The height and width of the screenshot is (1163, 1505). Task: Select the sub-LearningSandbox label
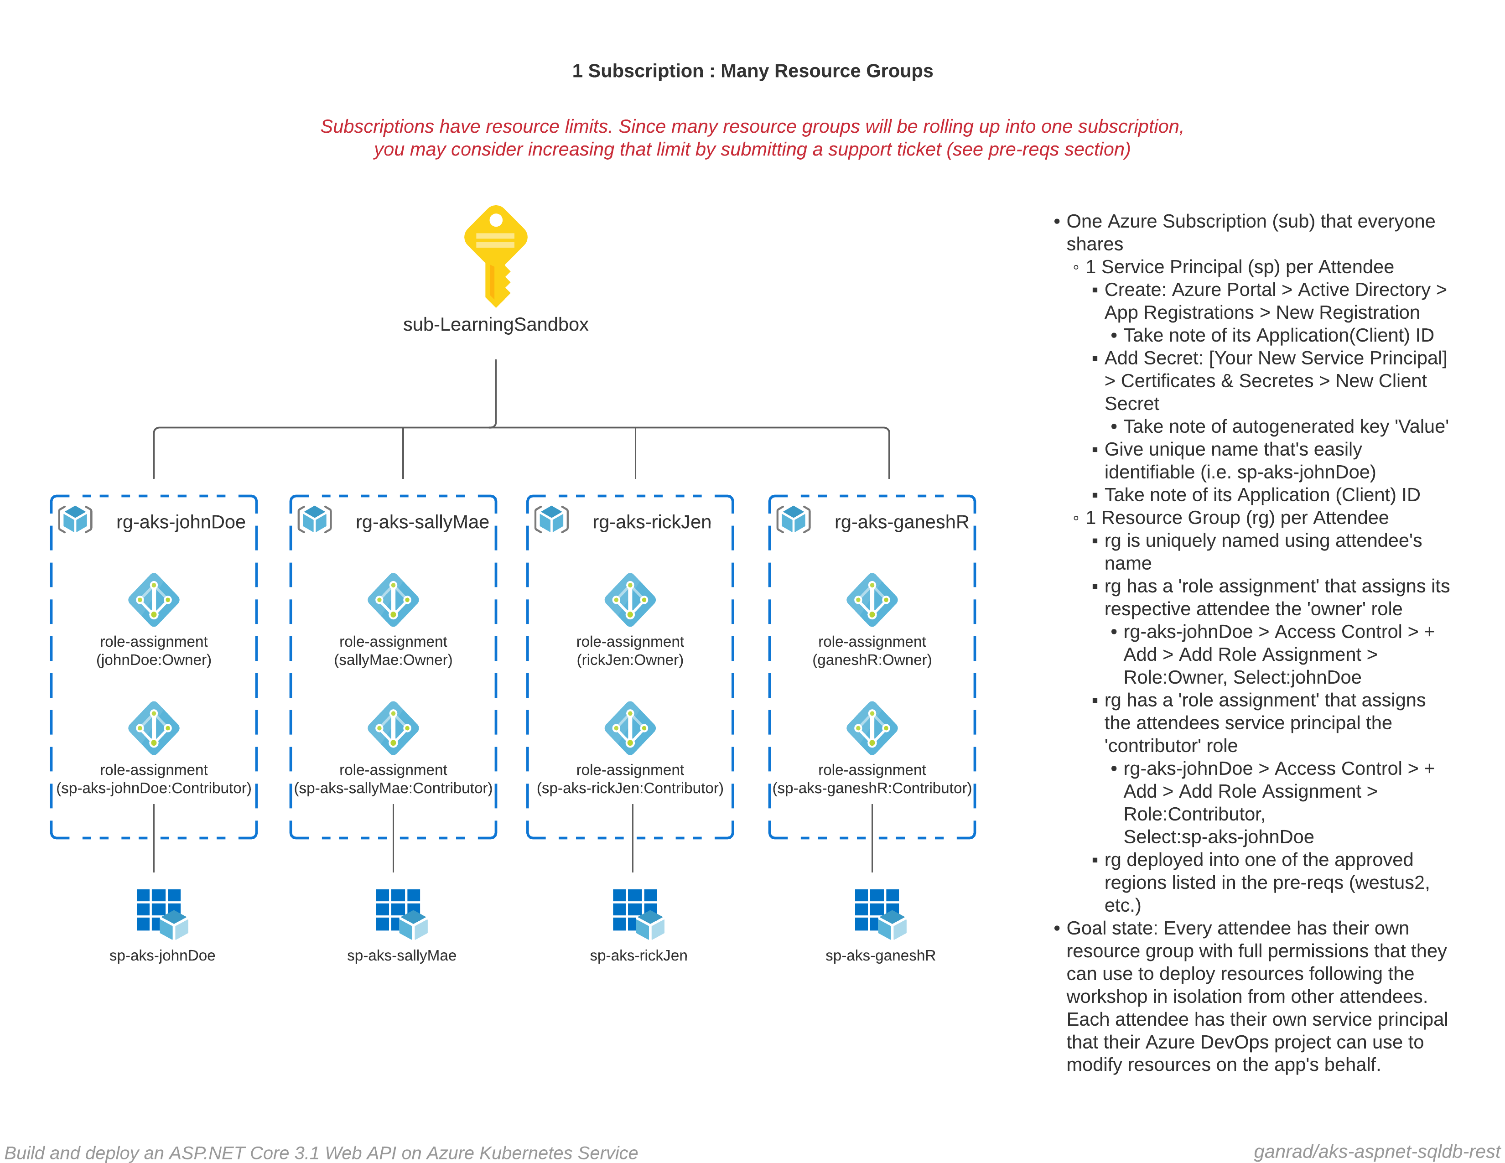pyautogui.click(x=495, y=325)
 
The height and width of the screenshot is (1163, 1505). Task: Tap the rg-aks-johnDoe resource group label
pyautogui.click(x=181, y=522)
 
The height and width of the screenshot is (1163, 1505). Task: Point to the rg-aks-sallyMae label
pyautogui.click(x=422, y=522)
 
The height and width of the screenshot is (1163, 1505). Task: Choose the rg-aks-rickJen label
pyautogui.click(x=651, y=522)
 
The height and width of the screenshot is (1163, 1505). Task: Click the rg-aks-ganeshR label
pyautogui.click(x=901, y=522)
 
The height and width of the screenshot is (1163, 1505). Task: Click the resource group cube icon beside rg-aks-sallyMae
pyautogui.click(x=315, y=519)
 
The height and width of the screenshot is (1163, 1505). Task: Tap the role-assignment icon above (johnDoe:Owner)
pyautogui.click(x=154, y=599)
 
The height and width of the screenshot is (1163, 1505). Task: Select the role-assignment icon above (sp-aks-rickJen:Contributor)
pyautogui.click(x=630, y=728)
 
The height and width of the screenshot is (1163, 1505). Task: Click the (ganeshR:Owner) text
pyautogui.click(x=872, y=660)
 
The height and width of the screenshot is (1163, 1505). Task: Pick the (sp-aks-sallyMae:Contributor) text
pyautogui.click(x=393, y=788)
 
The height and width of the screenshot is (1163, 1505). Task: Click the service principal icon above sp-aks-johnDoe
pyautogui.click(x=162, y=914)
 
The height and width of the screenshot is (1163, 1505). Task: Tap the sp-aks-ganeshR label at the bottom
pyautogui.click(x=880, y=955)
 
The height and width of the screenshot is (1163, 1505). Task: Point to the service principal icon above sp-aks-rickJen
pyautogui.click(x=638, y=914)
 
